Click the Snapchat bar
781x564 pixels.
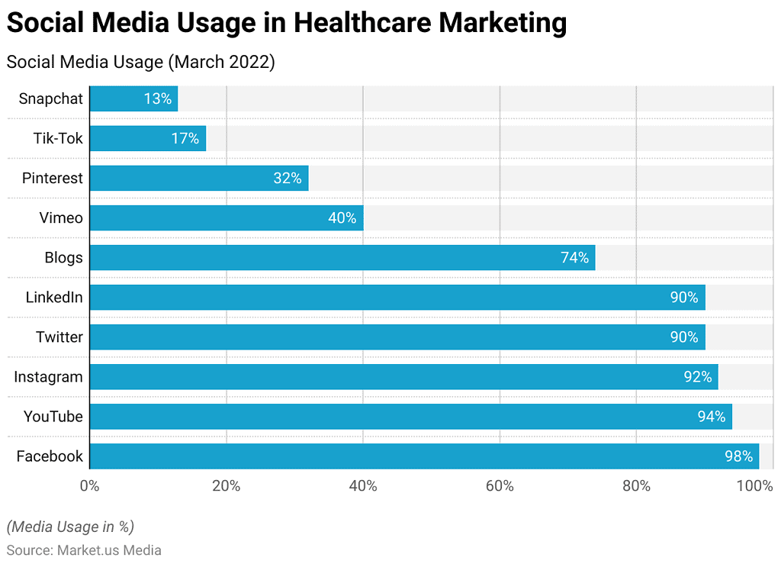(133, 98)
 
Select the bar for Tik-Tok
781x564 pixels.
(147, 138)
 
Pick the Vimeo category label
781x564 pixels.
(61, 218)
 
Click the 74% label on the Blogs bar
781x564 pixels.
(574, 257)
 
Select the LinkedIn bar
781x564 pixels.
(397, 297)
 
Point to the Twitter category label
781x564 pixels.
(59, 337)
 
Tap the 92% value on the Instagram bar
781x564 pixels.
(697, 376)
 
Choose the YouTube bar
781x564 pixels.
(410, 416)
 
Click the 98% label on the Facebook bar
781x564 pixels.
(739, 456)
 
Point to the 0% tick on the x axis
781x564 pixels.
(89, 485)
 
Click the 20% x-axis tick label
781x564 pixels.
(226, 485)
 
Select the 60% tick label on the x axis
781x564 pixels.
(500, 485)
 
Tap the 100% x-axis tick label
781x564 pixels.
(755, 485)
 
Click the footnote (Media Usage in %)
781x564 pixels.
(70, 526)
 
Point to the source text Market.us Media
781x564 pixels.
(109, 549)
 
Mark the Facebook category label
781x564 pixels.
(50, 456)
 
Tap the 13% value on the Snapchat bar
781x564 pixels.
(157, 98)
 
